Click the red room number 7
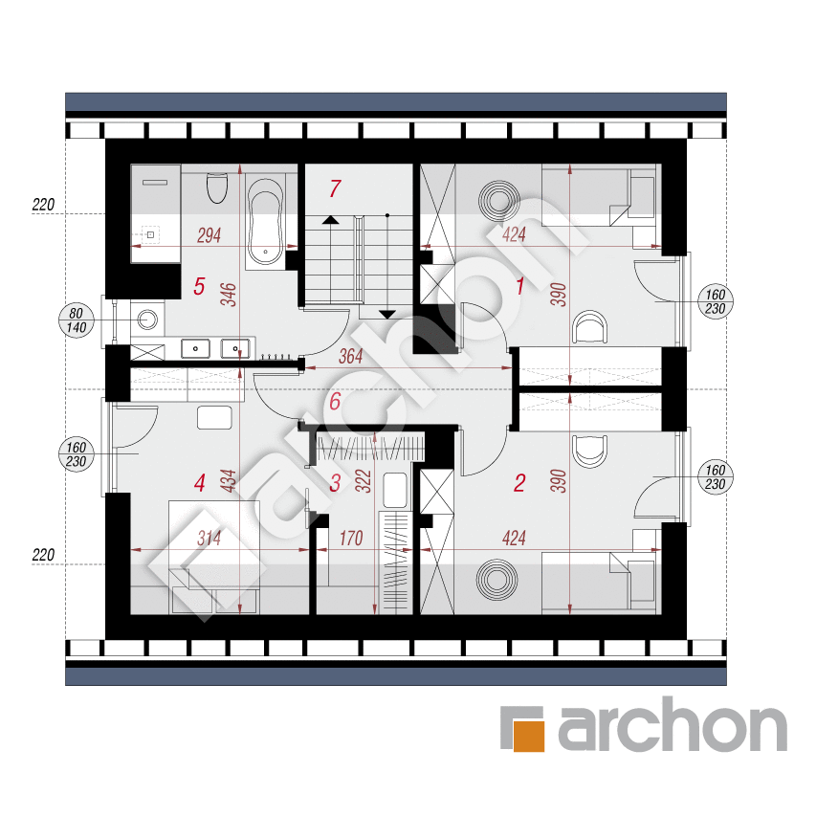click(x=335, y=188)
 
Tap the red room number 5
click(x=199, y=286)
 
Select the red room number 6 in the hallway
click(x=335, y=401)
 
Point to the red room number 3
click(x=335, y=483)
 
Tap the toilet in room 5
click(x=217, y=187)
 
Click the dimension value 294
click(x=209, y=235)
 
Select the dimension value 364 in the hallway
click(x=350, y=357)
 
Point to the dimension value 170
click(x=350, y=539)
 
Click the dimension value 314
click(x=209, y=539)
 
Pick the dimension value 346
click(x=229, y=295)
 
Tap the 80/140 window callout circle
click(x=76, y=320)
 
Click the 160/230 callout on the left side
click(x=76, y=454)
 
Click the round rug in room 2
click(x=498, y=579)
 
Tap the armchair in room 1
click(x=589, y=327)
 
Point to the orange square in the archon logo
click(x=529, y=736)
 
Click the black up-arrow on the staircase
click(x=330, y=220)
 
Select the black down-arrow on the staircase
click(x=387, y=315)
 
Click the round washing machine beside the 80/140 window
click(x=147, y=320)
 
